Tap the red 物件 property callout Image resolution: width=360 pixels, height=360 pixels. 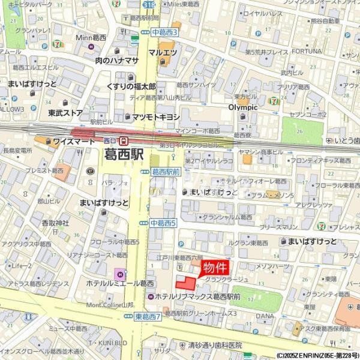click(x=215, y=268)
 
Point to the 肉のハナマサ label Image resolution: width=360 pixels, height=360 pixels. click(x=116, y=60)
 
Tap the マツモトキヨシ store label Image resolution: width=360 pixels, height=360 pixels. click(x=156, y=116)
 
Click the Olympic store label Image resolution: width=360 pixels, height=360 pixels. click(x=242, y=107)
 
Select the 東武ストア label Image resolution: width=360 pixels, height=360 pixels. click(x=65, y=112)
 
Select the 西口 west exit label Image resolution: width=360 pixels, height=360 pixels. click(x=109, y=141)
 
